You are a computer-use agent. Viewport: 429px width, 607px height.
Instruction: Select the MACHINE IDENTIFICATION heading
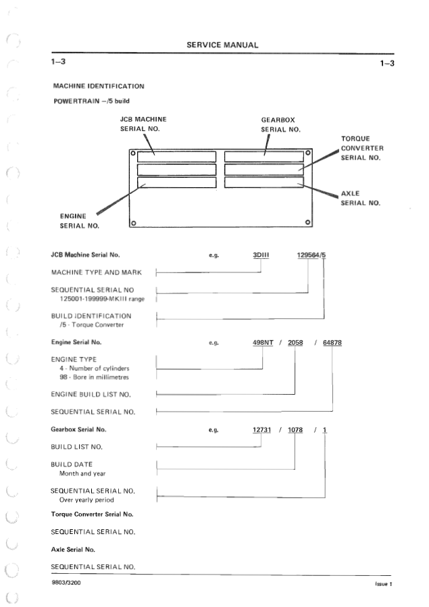[x=99, y=86]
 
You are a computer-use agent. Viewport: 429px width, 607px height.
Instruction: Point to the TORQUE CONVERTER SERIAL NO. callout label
[x=362, y=148]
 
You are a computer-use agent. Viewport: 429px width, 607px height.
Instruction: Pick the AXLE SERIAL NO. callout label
[x=360, y=198]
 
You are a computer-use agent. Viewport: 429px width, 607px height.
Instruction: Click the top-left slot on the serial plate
[x=176, y=155]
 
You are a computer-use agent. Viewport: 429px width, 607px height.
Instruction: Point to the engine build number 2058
[x=295, y=343]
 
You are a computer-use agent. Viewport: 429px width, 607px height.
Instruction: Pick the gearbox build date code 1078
[x=295, y=430]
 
